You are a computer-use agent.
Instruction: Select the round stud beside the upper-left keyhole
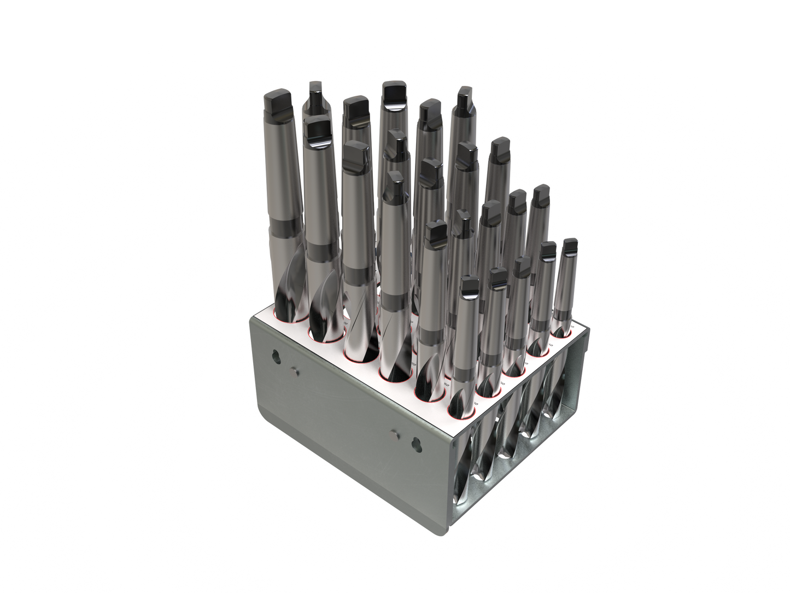coord(295,371)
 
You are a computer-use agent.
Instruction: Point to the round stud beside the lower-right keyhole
coord(395,434)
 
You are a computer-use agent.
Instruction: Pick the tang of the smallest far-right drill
coord(570,246)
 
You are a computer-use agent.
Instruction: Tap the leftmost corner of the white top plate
coord(253,316)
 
